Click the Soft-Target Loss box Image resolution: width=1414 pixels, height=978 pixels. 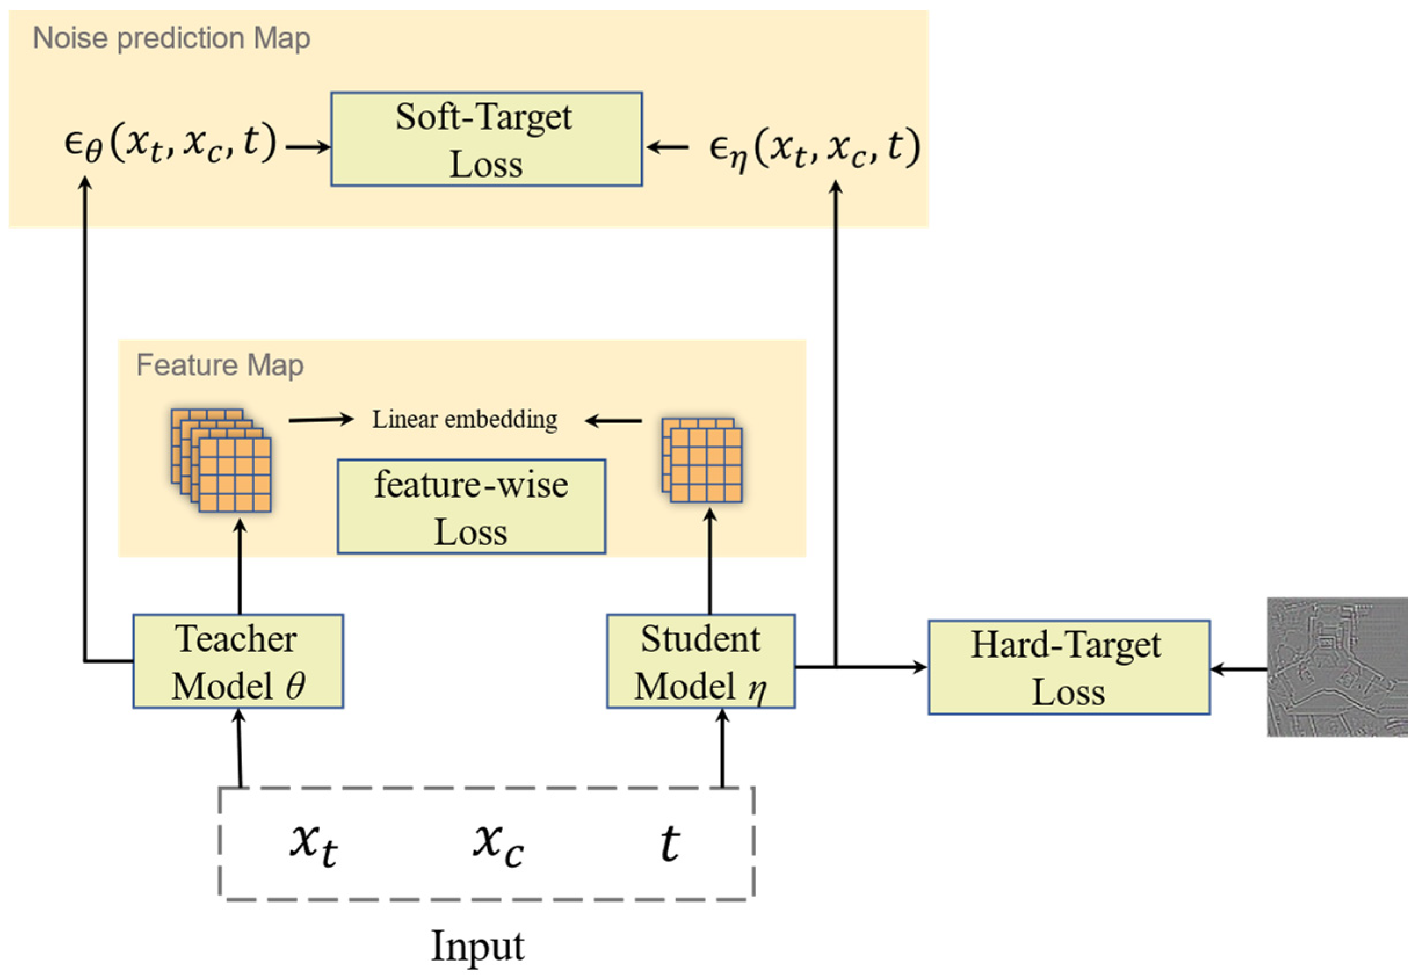pos(486,139)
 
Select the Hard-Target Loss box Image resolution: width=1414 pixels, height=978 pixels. pos(1068,667)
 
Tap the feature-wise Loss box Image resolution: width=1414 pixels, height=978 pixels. pos(471,507)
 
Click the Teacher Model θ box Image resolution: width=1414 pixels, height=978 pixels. pos(238,661)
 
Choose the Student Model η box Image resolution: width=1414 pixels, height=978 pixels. pos(700,661)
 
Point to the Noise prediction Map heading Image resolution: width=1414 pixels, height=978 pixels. pos(172,38)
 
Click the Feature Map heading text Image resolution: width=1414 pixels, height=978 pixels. pos(219,365)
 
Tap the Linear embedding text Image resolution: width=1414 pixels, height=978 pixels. pos(465,420)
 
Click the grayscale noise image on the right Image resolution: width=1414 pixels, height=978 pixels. pos(1337,667)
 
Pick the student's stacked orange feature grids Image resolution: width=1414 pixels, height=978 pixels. pos(702,460)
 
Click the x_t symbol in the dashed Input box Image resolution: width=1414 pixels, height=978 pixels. pos(313,846)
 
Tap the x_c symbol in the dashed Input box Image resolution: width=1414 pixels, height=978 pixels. pos(498,846)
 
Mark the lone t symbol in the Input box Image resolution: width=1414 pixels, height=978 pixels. pos(669,844)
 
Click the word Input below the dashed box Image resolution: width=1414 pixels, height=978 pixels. pos(477,946)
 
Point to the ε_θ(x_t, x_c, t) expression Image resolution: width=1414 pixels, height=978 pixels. pos(171,144)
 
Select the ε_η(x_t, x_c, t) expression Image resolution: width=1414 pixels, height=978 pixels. pos(814,148)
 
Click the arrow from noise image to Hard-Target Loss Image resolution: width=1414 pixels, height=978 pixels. pos(1238,669)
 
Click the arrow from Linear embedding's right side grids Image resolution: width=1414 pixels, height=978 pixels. pos(613,421)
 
